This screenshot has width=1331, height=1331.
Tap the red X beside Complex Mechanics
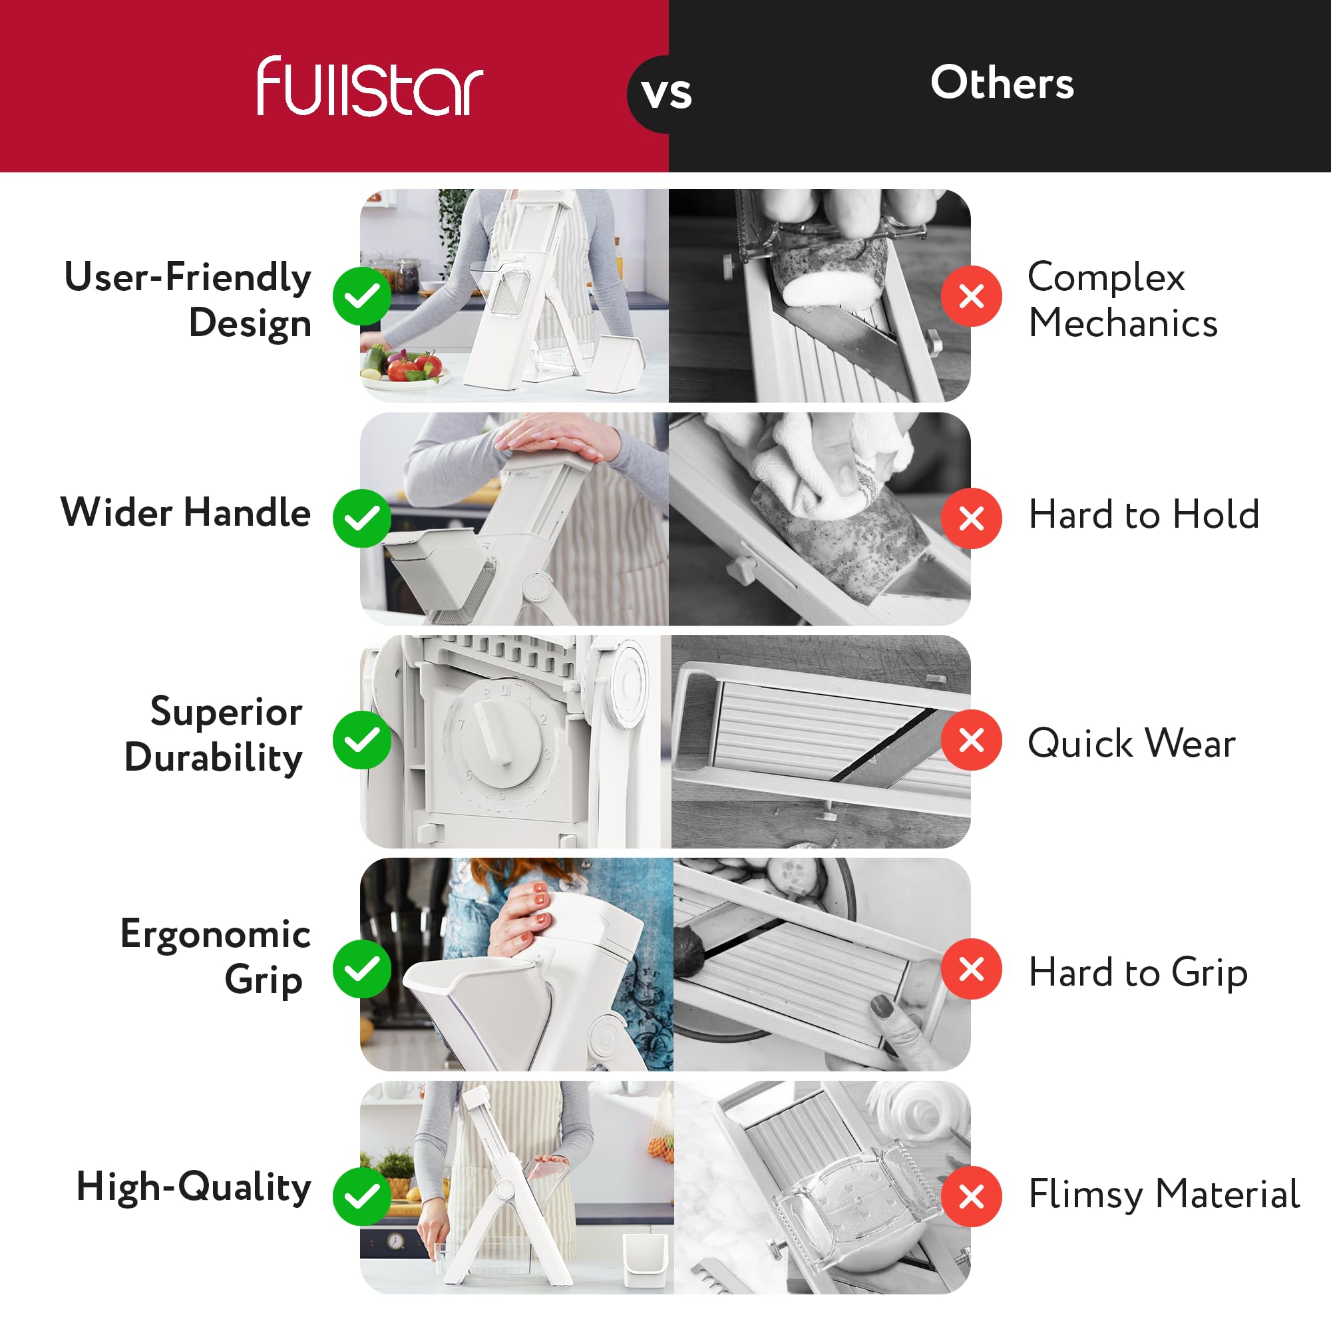click(972, 296)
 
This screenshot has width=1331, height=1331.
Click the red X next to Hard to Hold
click(972, 518)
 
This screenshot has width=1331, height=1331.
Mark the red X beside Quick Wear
click(972, 740)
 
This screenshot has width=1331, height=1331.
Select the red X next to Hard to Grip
click(972, 968)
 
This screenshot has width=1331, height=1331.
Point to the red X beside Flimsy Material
click(972, 1196)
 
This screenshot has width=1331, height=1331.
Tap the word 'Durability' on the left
click(214, 759)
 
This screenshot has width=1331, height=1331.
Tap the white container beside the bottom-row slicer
click(646, 1260)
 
